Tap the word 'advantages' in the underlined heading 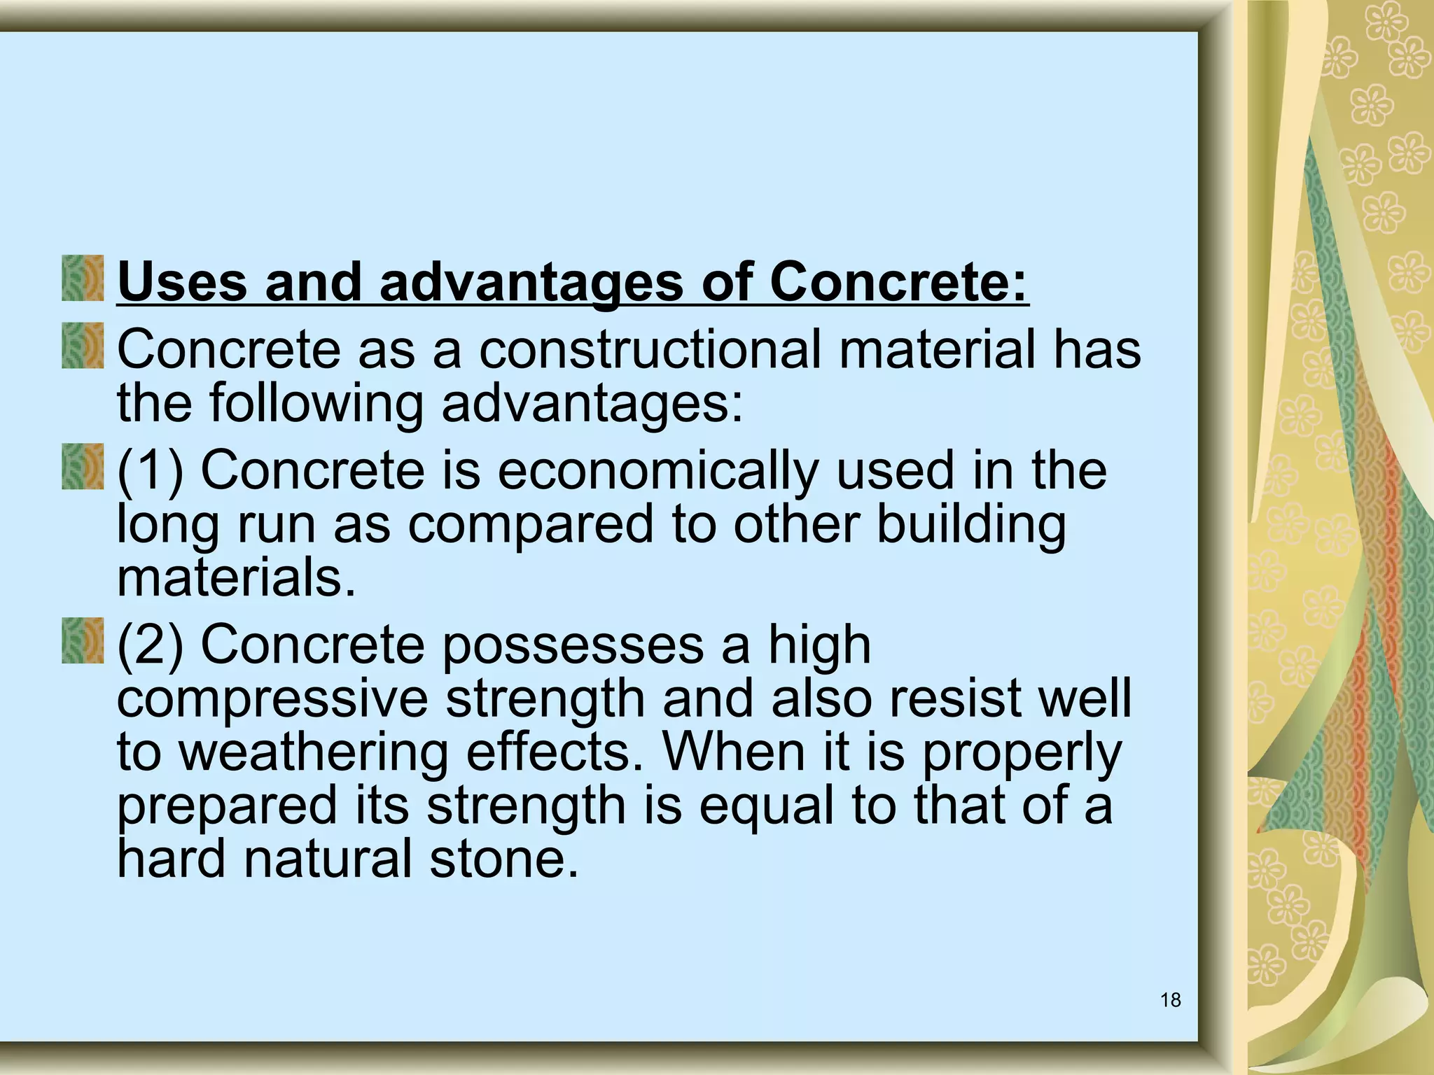531,283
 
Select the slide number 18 1170,1000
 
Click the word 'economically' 657,470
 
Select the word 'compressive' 272,698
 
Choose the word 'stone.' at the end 504,859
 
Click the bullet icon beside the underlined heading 83,279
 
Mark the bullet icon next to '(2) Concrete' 83,641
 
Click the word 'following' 316,404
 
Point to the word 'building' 970,525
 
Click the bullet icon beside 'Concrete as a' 83,346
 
